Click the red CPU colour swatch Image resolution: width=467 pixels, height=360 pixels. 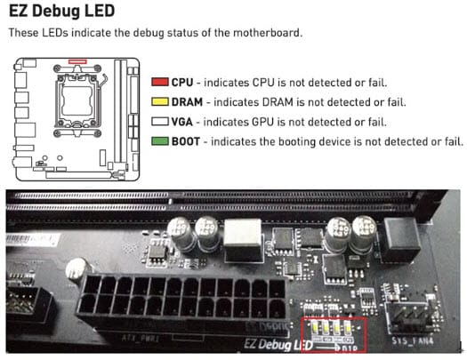point(159,82)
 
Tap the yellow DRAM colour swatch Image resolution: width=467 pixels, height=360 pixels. point(159,101)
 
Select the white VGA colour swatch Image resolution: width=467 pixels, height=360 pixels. point(159,121)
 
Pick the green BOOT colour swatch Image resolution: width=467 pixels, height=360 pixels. point(159,140)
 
